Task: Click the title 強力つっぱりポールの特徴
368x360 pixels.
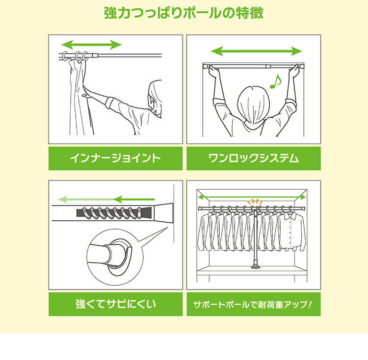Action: click(x=184, y=13)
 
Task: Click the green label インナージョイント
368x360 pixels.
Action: click(x=115, y=158)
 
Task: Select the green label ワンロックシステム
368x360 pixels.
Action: click(x=253, y=158)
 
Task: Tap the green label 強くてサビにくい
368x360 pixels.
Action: click(x=115, y=304)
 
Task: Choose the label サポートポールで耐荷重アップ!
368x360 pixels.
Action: click(x=253, y=304)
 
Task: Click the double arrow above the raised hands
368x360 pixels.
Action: click(x=256, y=51)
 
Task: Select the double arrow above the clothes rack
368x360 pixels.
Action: click(x=253, y=196)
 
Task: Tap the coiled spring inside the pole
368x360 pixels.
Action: click(x=110, y=213)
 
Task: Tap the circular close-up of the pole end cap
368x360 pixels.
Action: click(x=112, y=254)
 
